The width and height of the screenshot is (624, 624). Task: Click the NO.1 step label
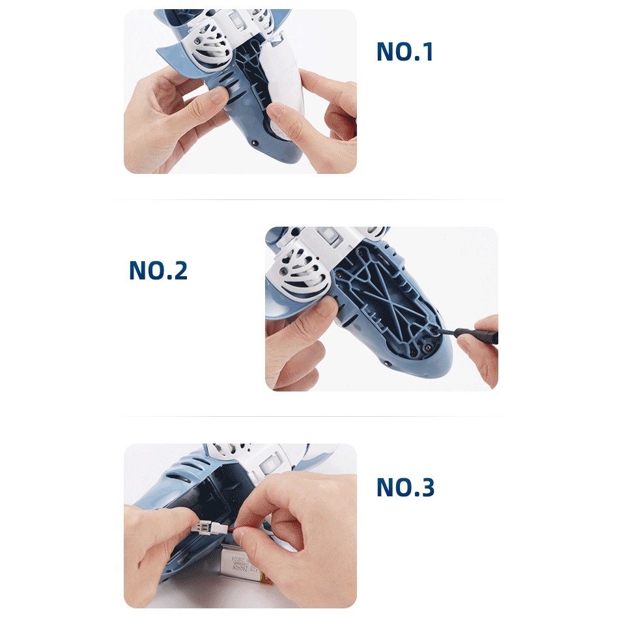coord(404,52)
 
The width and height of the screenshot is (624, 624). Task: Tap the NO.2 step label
coord(158,270)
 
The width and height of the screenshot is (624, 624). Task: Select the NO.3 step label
coord(405,487)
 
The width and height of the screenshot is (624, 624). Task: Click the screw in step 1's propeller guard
coord(194,44)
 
